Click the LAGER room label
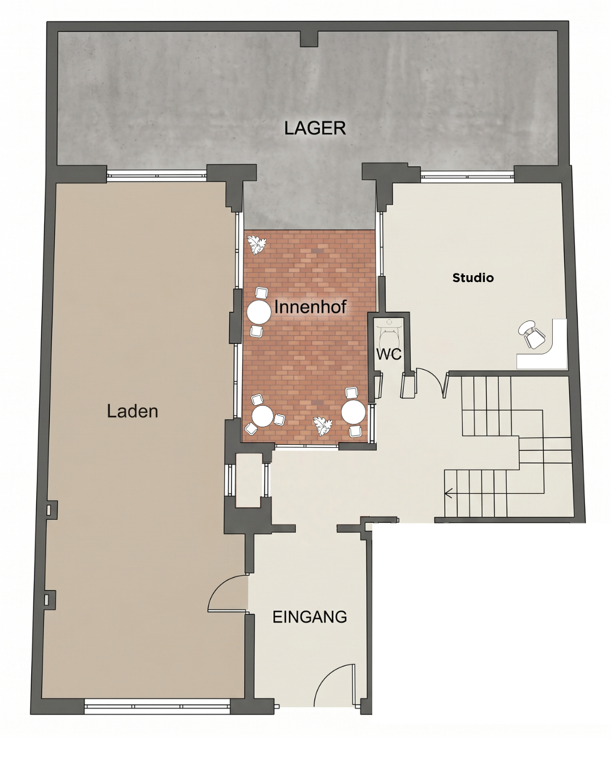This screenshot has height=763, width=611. click(x=315, y=128)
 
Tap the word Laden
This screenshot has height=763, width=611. click(x=132, y=411)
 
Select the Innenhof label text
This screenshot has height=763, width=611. click(x=310, y=307)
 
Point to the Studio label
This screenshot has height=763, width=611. click(x=473, y=278)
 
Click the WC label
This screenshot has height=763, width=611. click(x=389, y=354)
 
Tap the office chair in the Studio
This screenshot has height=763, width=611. click(x=531, y=335)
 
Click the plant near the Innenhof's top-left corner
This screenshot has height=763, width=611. click(x=257, y=245)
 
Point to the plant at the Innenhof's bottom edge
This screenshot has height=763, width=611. click(x=323, y=426)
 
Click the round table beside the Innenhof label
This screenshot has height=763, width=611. click(x=259, y=313)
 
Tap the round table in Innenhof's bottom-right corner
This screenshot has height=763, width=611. click(x=353, y=412)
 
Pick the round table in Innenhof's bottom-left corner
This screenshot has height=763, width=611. click(x=263, y=416)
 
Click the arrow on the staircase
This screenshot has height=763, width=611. click(x=449, y=493)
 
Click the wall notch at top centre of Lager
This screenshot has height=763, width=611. click(x=309, y=39)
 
